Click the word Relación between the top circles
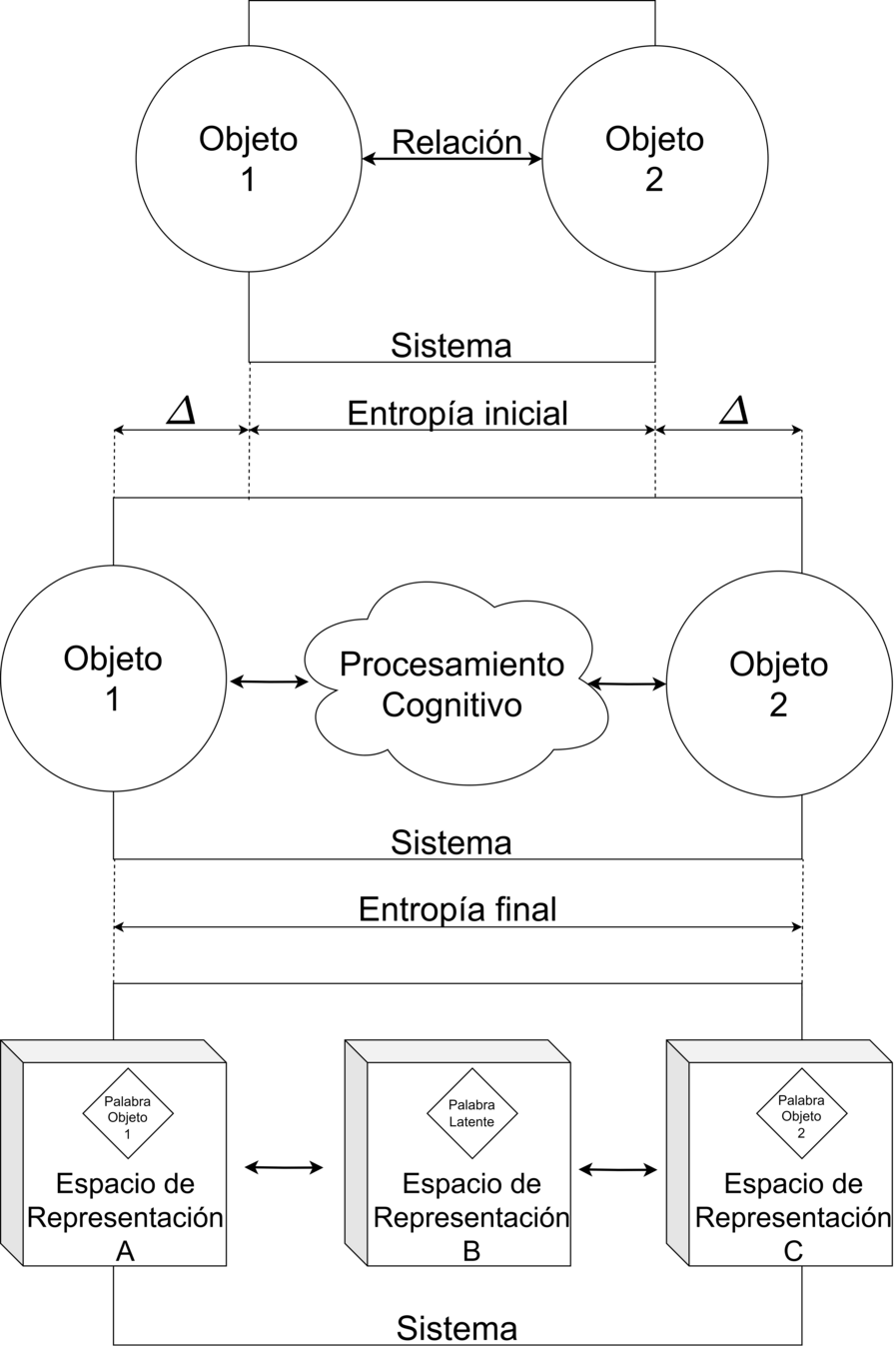[456, 142]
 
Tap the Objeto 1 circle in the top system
[248, 157]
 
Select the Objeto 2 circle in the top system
[654, 157]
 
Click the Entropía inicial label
[456, 413]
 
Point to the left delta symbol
[181, 411]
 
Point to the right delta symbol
[733, 411]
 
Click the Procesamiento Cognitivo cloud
[452, 683]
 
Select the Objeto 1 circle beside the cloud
[112, 679]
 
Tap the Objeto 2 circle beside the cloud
[779, 683]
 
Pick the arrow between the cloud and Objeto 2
[627, 684]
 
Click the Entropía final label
[457, 909]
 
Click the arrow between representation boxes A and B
[285, 1166]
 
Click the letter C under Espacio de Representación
[793, 1250]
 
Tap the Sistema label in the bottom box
[456, 1329]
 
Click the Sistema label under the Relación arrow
[451, 346]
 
